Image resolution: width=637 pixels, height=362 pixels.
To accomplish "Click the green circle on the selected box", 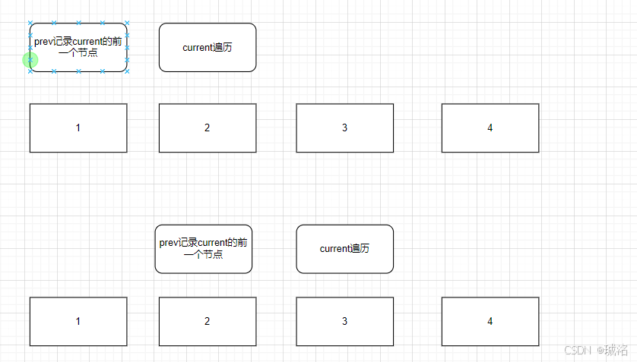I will click(30, 60).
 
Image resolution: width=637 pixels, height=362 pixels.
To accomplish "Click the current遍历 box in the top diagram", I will click(208, 47).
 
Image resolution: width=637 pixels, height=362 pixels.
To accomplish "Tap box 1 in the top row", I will click(78, 127).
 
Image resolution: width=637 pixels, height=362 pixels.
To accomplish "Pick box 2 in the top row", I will click(208, 127).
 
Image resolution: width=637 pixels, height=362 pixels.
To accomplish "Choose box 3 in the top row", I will click(344, 127).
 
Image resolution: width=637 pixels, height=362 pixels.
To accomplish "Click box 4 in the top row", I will click(490, 127).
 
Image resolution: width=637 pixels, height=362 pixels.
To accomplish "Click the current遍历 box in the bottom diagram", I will click(344, 249).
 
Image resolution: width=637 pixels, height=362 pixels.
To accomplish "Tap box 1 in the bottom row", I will click(78, 321).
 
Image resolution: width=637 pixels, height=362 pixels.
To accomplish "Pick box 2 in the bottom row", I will click(208, 321).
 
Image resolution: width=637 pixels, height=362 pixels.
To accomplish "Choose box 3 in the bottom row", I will click(344, 321).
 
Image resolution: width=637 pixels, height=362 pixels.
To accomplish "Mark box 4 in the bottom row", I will click(490, 321).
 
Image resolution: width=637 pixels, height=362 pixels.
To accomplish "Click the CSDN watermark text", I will click(578, 350).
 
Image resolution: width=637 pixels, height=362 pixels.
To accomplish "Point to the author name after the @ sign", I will click(616, 350).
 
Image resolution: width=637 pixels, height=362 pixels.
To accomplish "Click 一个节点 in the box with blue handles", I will click(78, 53).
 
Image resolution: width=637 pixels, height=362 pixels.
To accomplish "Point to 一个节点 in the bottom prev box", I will click(203, 254).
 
